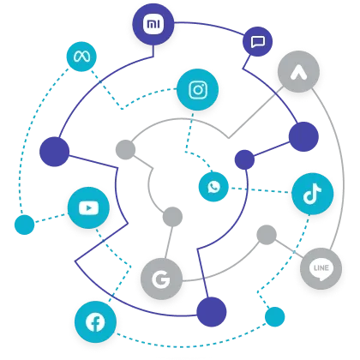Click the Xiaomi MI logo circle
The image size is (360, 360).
point(153,24)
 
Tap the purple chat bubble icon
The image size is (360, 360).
point(257,42)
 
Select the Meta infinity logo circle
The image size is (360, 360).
point(81,57)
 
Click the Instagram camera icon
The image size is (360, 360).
point(198,90)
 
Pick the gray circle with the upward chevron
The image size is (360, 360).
point(298,72)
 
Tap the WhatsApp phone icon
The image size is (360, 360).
point(213,187)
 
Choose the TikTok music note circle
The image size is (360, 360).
point(313,194)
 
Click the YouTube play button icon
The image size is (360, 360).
point(88,207)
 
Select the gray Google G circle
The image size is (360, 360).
point(161,279)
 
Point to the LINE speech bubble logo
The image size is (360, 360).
point(321,268)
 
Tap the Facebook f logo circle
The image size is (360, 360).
point(95,322)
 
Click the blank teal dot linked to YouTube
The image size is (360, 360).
point(25,225)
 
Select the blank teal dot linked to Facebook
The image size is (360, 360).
point(275,316)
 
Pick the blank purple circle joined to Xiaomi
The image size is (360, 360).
point(54,152)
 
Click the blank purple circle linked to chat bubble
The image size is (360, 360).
point(303,136)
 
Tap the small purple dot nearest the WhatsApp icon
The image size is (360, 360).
point(244,159)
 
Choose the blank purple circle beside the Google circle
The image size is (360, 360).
point(212,312)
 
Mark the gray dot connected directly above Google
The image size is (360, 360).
point(172,217)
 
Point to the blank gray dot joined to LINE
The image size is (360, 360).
point(267,235)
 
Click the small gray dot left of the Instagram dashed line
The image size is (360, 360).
point(125,149)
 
